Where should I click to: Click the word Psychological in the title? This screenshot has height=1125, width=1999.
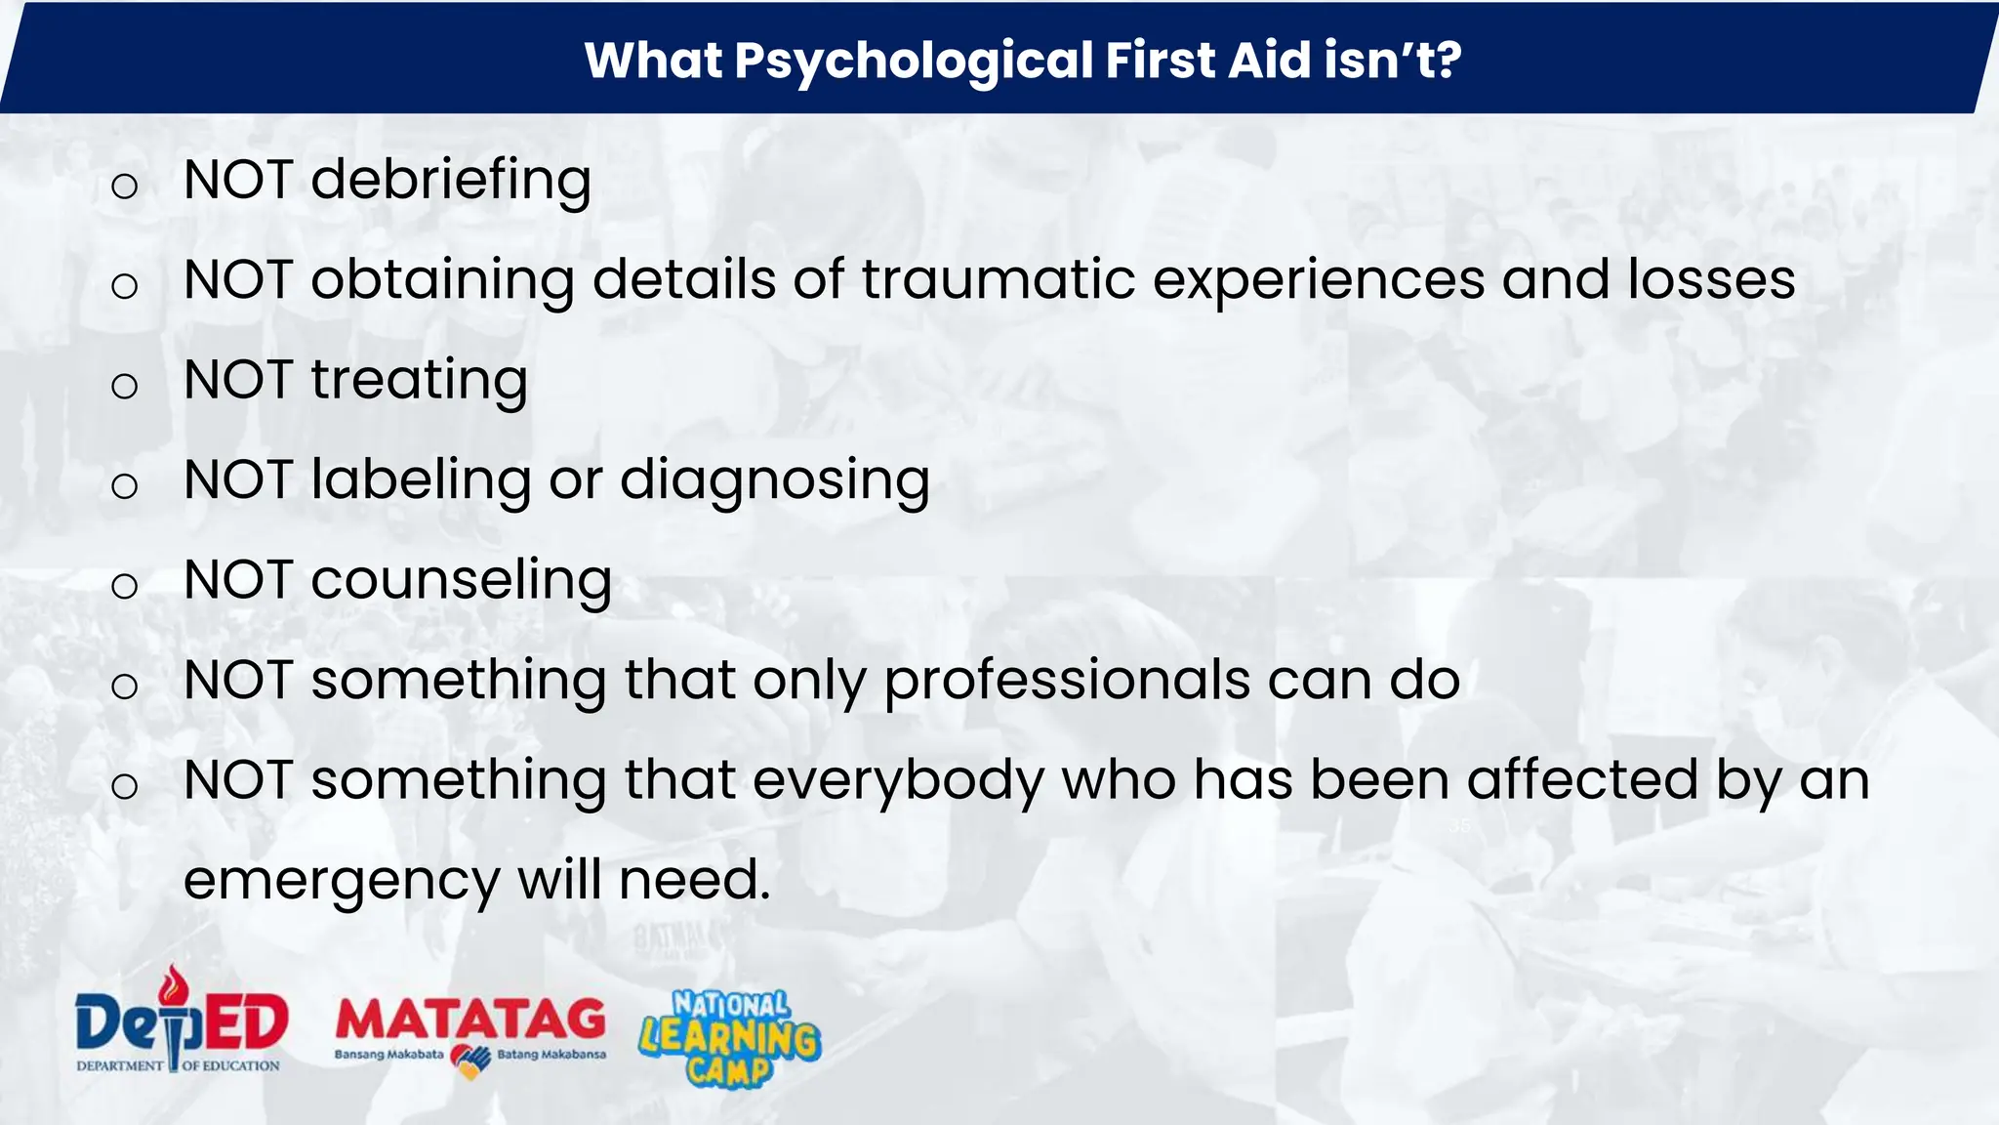coord(913,61)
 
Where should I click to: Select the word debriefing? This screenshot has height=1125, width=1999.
coord(451,181)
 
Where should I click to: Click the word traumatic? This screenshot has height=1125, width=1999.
coord(999,280)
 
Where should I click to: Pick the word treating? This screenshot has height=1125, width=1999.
coord(419,381)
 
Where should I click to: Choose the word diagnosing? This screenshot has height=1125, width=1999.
coord(775,481)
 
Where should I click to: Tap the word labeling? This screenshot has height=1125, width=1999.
coord(421,480)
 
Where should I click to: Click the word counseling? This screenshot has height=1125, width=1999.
coord(461,581)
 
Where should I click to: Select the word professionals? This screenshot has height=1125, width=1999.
coord(1067,682)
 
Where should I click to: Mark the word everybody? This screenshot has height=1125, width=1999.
coord(898,782)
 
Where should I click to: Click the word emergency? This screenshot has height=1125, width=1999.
coord(342,881)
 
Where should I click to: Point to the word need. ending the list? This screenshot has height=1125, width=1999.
coord(694,881)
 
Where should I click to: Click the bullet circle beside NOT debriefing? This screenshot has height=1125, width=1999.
coord(124,186)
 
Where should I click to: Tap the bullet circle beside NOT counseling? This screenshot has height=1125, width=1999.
coord(124,586)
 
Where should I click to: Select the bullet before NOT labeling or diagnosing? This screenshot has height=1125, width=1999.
coord(124,485)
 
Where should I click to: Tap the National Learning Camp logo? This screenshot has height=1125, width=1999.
coord(730,1038)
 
